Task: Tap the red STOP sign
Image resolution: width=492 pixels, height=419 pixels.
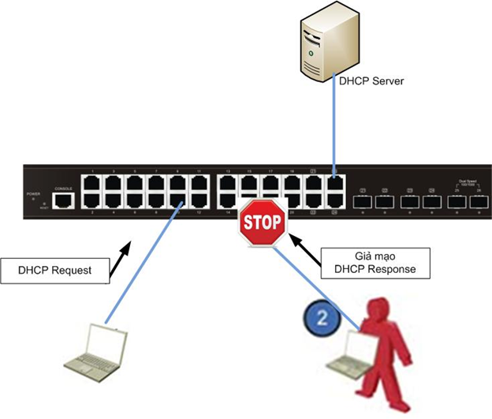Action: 263,222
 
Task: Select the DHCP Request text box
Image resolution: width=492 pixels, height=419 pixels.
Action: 54,270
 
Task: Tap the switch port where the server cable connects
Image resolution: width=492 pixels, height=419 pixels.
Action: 335,183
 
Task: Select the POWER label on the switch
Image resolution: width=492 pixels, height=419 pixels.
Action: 33,193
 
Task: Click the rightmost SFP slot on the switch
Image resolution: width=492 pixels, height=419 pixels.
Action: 478,201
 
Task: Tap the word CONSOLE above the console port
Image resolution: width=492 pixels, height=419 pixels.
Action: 62,188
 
